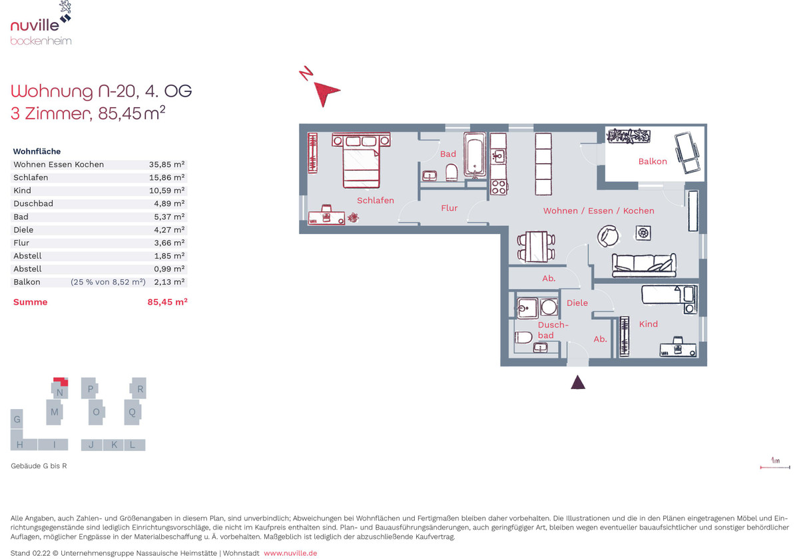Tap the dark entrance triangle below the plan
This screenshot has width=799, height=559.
coord(578,382)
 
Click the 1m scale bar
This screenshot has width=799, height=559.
coord(775,467)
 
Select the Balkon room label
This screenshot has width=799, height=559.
coord(653,161)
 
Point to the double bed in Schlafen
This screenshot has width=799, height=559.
coord(361,160)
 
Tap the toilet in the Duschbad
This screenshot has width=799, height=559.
coord(523,337)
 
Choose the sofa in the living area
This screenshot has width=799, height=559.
coord(644,265)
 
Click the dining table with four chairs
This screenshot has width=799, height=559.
coord(536,247)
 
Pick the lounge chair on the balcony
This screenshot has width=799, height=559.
coord(686,153)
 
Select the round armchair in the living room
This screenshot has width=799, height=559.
coord(608,236)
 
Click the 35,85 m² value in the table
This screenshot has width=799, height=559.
coord(166,165)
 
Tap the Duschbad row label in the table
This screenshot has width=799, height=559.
coord(33,203)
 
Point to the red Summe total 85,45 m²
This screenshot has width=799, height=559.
coord(167,302)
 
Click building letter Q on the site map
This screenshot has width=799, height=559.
coord(132,412)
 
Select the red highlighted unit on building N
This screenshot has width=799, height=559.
coord(61,381)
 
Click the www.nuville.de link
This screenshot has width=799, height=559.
coord(290,553)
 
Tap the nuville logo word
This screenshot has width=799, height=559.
coord(35,26)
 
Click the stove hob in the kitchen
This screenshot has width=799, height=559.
coord(499,187)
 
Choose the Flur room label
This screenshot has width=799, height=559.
coord(449,208)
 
